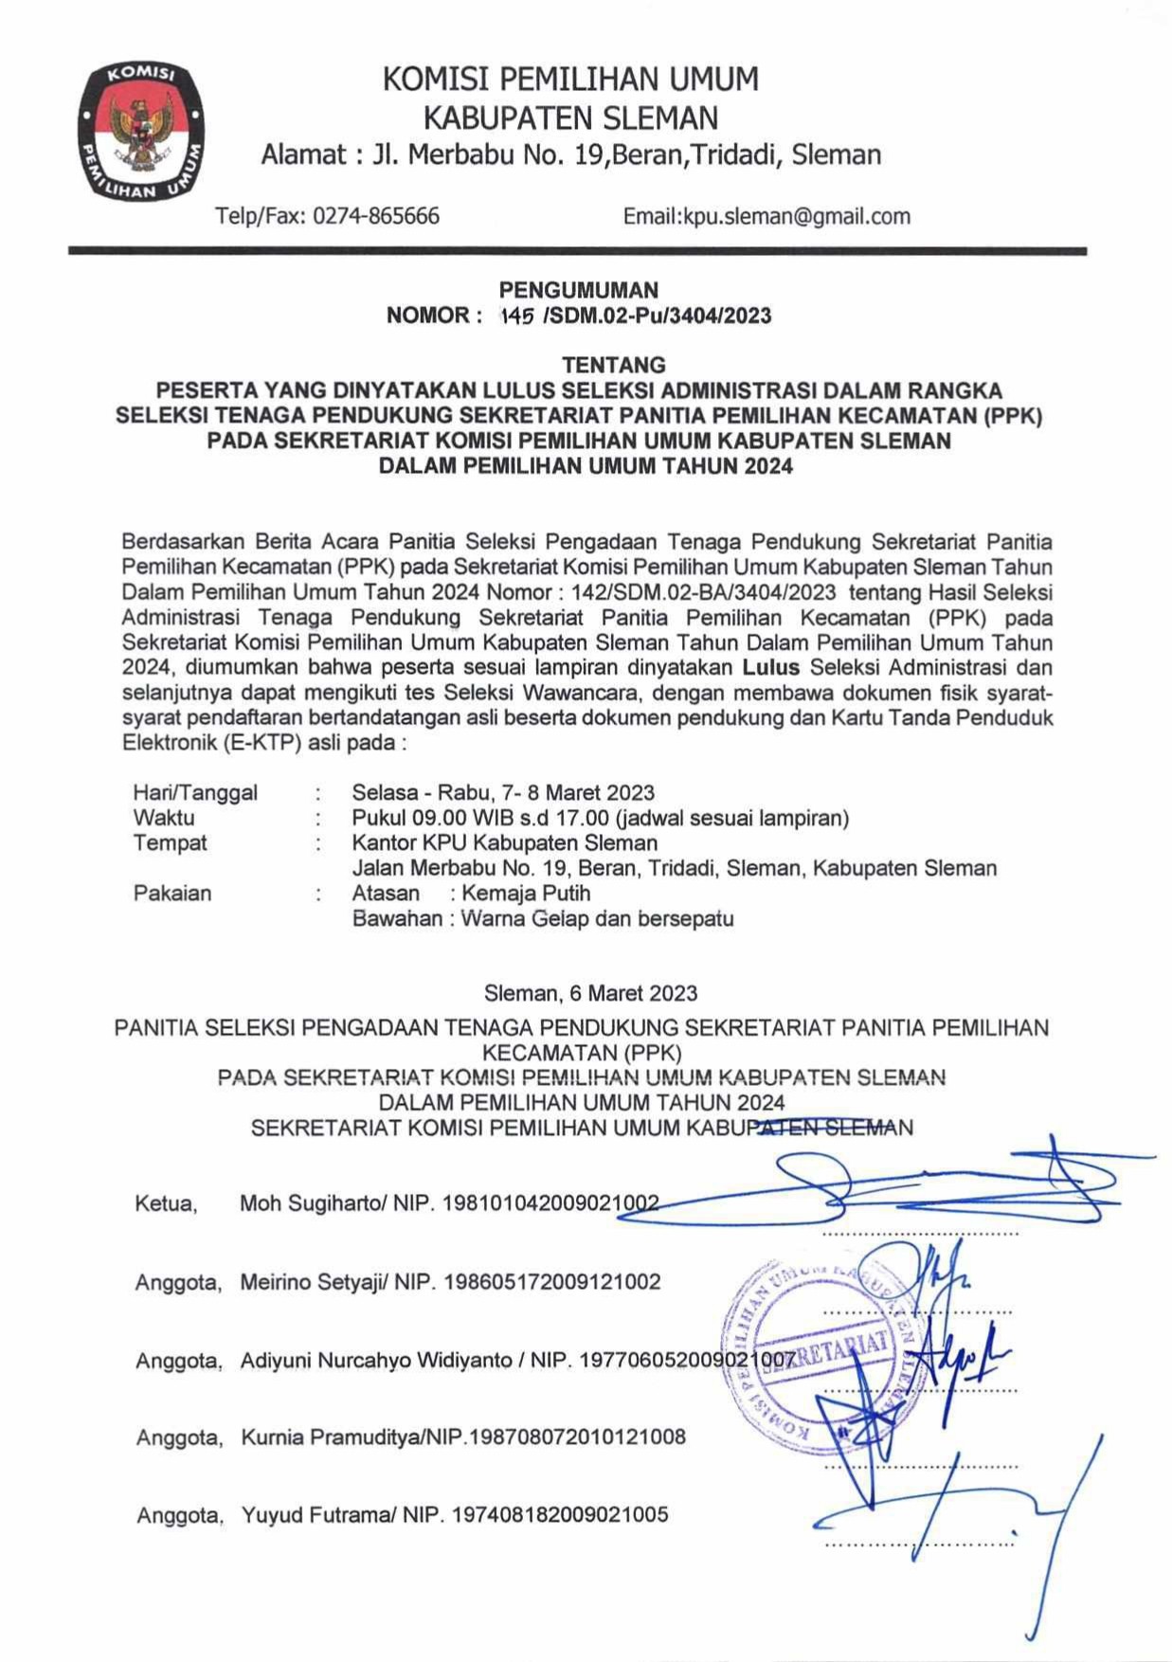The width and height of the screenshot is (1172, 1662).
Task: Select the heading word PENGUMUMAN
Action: coord(578,290)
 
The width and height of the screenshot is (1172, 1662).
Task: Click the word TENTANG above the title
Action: coord(614,365)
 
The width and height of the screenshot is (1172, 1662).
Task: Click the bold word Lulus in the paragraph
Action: coord(770,667)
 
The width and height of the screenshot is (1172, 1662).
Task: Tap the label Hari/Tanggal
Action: coord(195,792)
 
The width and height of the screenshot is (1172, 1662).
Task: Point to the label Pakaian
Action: coord(172,893)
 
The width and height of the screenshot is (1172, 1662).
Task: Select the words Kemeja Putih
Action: coord(526,893)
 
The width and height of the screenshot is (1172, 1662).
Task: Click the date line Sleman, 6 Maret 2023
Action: coord(590,993)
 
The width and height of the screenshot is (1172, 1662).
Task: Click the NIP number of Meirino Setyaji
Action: coord(552,1282)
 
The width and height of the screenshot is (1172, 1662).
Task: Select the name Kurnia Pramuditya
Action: coord(330,1437)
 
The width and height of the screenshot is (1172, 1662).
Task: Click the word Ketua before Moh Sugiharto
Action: coord(166,1204)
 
